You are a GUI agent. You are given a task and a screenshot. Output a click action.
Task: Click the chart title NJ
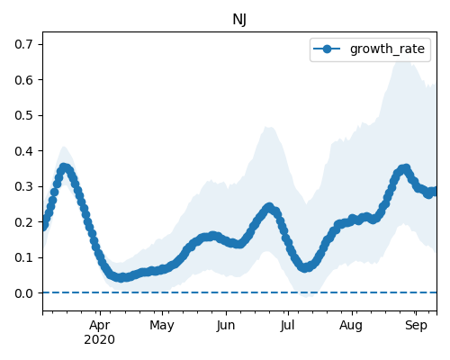pyautogui.click(x=239, y=20)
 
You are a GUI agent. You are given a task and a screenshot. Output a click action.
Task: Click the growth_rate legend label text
pyautogui.click(x=387, y=49)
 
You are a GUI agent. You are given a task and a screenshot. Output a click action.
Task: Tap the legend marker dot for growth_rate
pyautogui.click(x=327, y=49)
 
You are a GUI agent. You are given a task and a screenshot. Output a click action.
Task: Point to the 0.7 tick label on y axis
pyautogui.click(x=24, y=44)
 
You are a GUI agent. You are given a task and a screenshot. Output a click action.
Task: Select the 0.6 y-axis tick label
pyautogui.click(x=24, y=80)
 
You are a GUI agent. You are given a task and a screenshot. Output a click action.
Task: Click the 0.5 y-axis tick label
pyautogui.click(x=24, y=115)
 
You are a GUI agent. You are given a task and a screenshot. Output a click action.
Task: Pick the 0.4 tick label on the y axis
pyautogui.click(x=24, y=151)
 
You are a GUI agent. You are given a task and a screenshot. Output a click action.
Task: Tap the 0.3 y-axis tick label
pyautogui.click(x=24, y=186)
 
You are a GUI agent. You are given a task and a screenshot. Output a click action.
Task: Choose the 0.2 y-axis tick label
pyautogui.click(x=24, y=222)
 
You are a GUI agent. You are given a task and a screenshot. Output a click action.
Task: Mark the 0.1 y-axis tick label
pyautogui.click(x=24, y=257)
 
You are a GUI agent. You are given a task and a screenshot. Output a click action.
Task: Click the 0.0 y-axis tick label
pyautogui.click(x=24, y=293)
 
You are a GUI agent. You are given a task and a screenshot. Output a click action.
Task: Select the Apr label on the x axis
pyautogui.click(x=100, y=326)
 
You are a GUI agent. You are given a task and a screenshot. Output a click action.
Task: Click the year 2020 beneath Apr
pyautogui.click(x=100, y=340)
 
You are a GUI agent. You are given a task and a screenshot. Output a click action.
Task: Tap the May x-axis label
pyautogui.click(x=162, y=326)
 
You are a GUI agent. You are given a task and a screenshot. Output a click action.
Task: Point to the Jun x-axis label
pyautogui.click(x=226, y=326)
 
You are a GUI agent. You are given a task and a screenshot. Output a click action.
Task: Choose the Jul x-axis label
pyautogui.click(x=288, y=326)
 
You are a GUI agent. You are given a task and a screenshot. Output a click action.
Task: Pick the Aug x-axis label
pyautogui.click(x=351, y=326)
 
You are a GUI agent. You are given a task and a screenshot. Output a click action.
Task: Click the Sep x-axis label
pyautogui.click(x=416, y=326)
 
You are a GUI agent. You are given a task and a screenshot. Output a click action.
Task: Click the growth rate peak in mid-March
pyautogui.click(x=64, y=167)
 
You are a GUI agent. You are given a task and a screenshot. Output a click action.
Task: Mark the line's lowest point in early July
pyautogui.click(x=305, y=267)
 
